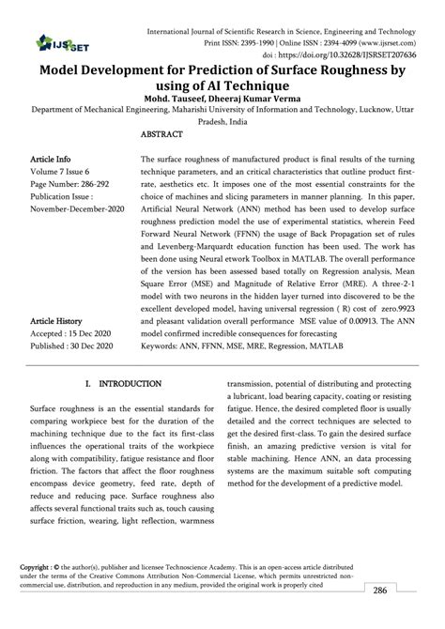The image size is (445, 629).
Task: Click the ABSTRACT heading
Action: point(161,135)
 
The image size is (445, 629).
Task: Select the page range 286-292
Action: point(96,186)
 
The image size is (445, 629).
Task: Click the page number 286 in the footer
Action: point(405,591)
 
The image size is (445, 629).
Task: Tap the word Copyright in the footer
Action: point(38,568)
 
